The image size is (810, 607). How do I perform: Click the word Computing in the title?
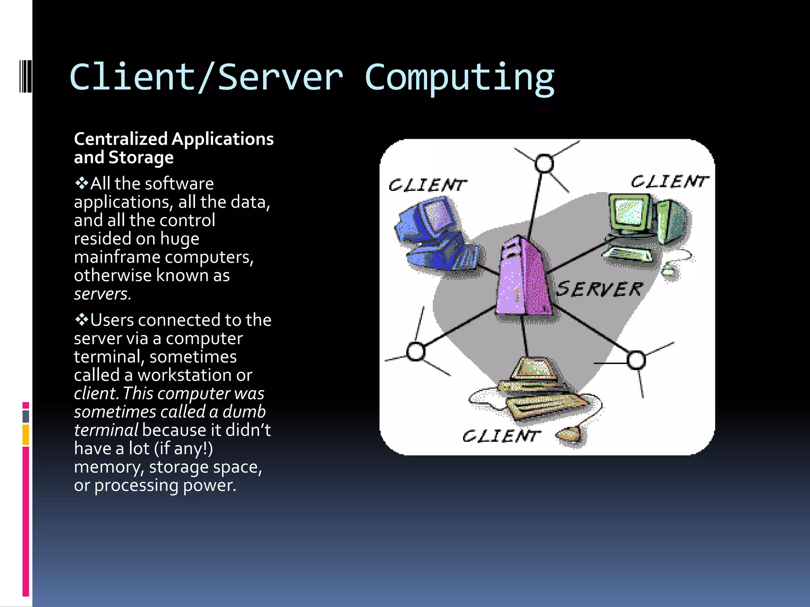(459, 78)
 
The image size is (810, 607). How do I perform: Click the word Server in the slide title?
(280, 78)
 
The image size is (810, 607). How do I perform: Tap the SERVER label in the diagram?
(600, 289)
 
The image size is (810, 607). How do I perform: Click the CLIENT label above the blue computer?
(427, 185)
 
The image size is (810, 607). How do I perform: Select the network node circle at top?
(544, 164)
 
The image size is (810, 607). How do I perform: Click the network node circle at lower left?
(416, 351)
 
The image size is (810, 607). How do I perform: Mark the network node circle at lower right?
(636, 360)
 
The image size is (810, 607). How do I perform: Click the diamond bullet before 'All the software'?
(81, 183)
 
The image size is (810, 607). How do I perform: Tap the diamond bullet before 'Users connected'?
(81, 320)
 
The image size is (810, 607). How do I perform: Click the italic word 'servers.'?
(102, 294)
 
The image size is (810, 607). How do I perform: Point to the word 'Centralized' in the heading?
(121, 139)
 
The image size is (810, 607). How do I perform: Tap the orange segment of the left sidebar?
(26, 435)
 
